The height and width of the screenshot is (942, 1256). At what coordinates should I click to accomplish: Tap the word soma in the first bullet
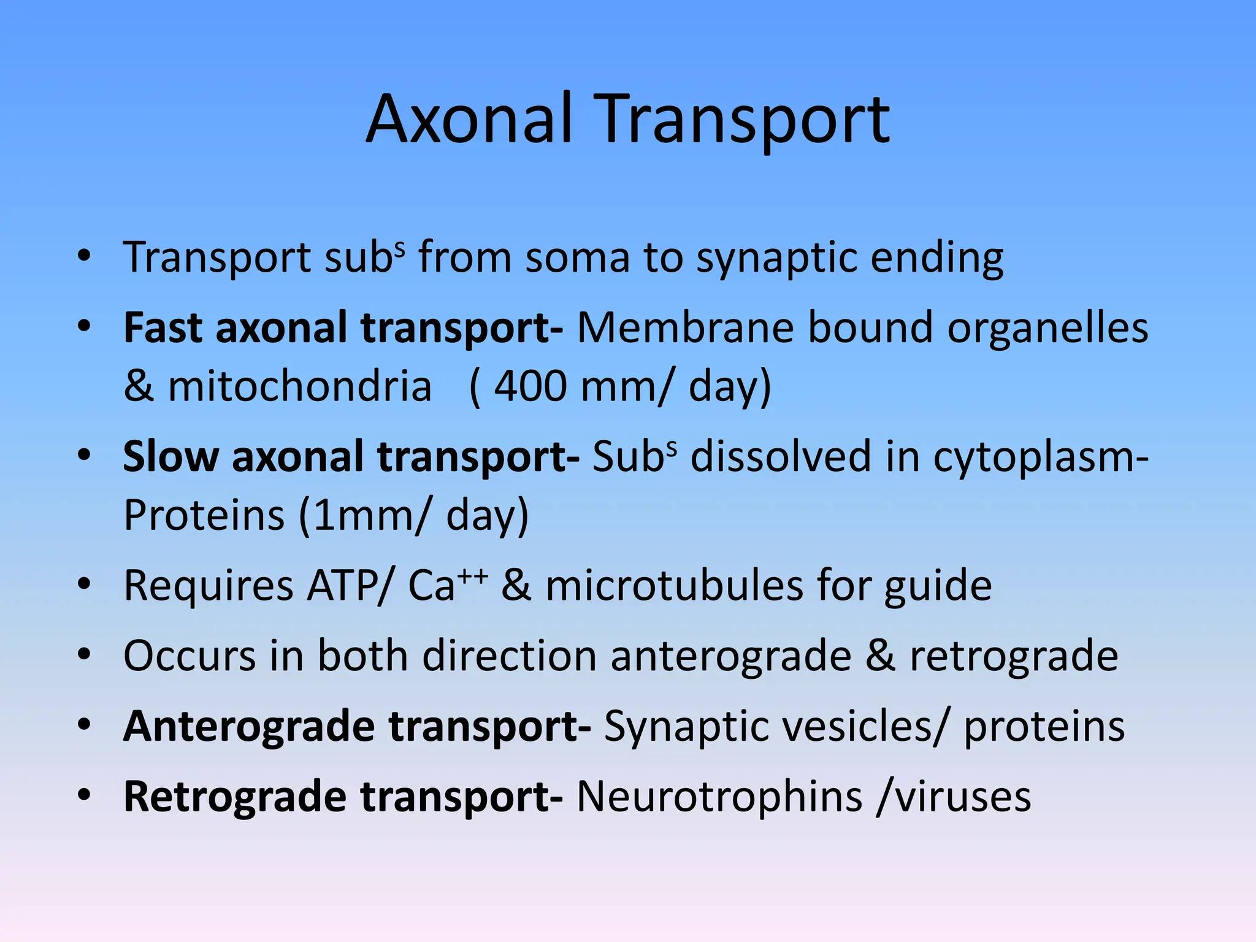577,257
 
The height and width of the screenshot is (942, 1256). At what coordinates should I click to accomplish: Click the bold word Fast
163,327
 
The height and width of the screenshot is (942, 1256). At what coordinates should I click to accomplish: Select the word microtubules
674,586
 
